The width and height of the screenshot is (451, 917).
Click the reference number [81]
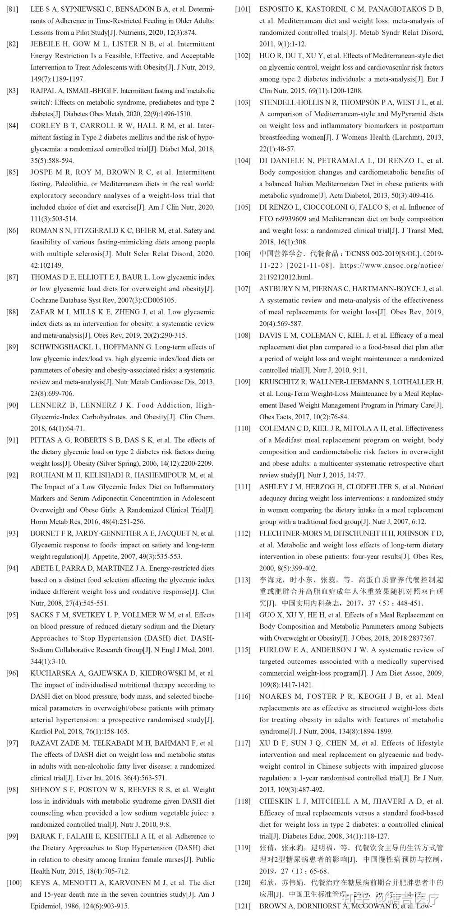(x=13, y=9)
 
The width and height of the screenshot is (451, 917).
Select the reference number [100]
(x=14, y=882)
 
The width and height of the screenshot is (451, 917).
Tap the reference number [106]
(x=243, y=254)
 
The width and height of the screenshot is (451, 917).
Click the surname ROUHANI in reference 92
(x=46, y=475)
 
